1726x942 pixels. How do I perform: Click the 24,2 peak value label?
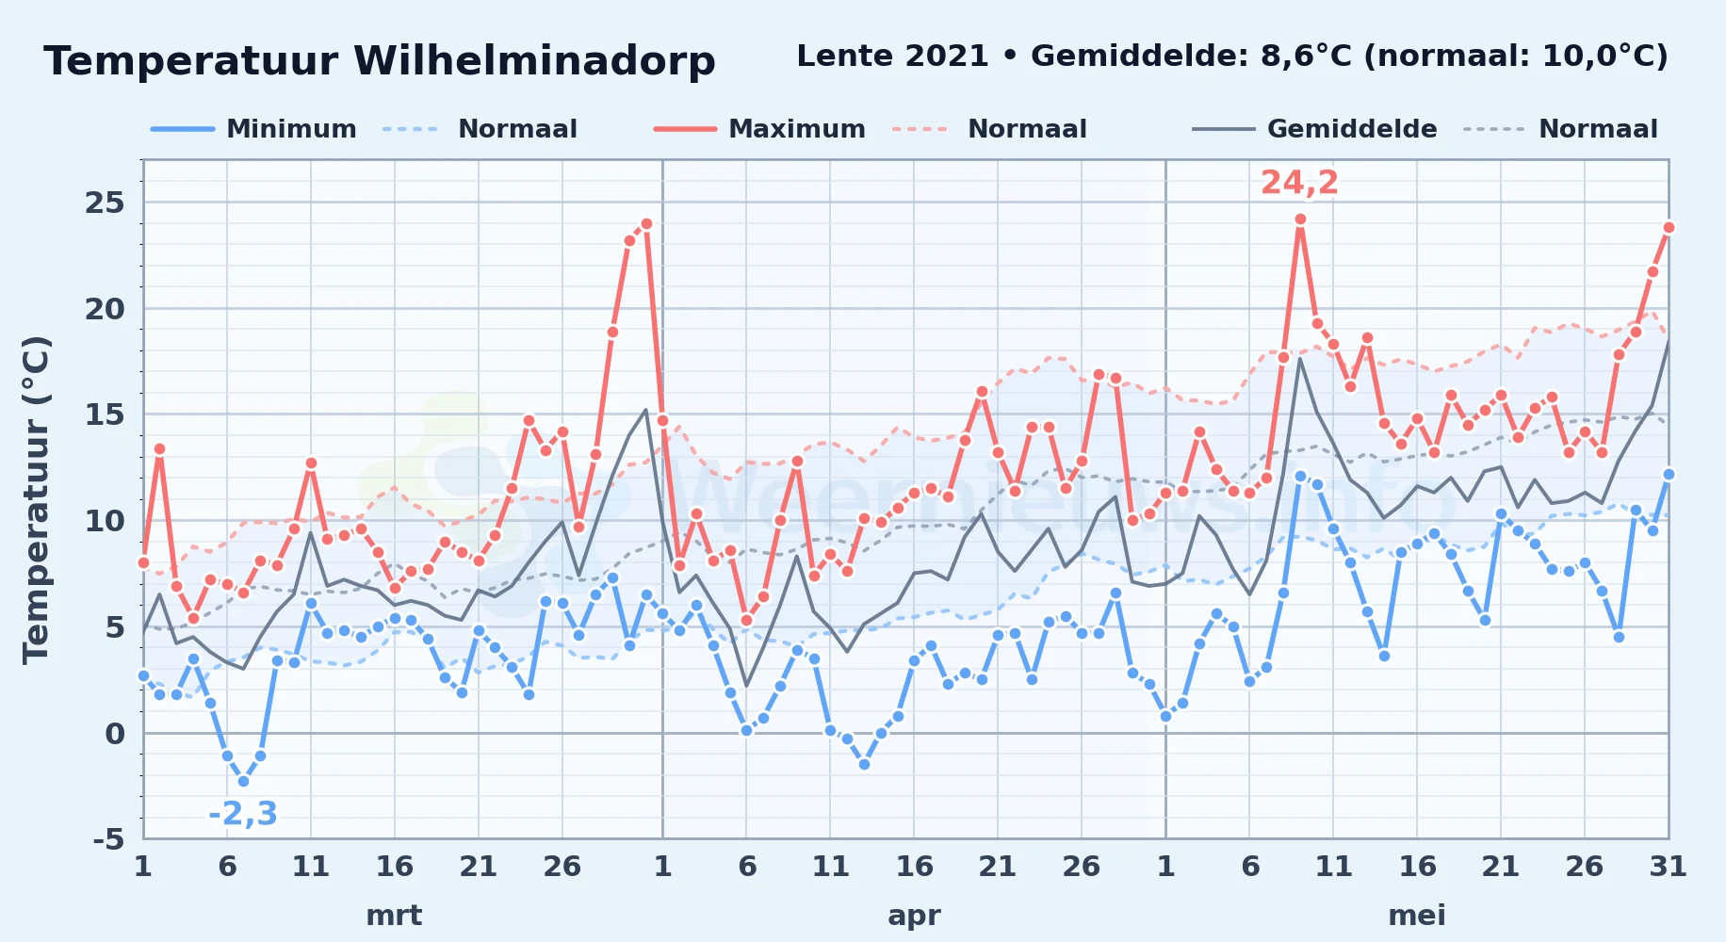(x=1299, y=183)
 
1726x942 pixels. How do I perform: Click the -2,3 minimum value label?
(x=243, y=813)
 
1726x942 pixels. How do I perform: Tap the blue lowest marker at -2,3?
(x=243, y=781)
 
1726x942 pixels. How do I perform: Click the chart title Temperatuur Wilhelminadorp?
(x=380, y=61)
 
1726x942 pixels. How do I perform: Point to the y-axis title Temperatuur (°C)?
(x=36, y=499)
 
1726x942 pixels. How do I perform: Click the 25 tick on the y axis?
(x=105, y=203)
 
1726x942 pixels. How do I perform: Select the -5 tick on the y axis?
(x=109, y=838)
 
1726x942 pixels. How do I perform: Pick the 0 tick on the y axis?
(x=115, y=733)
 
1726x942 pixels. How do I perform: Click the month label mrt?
(x=394, y=916)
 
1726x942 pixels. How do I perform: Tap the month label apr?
(x=914, y=916)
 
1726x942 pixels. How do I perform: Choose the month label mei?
(x=1417, y=916)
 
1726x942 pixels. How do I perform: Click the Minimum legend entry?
(x=253, y=129)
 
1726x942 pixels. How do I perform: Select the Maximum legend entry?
(x=759, y=129)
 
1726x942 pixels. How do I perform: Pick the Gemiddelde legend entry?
(x=1314, y=129)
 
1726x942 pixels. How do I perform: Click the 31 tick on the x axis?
(x=1668, y=866)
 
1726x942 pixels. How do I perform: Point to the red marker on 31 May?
(x=1669, y=227)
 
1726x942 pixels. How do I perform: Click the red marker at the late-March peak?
(x=646, y=224)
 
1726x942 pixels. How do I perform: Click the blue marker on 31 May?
(x=1669, y=475)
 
